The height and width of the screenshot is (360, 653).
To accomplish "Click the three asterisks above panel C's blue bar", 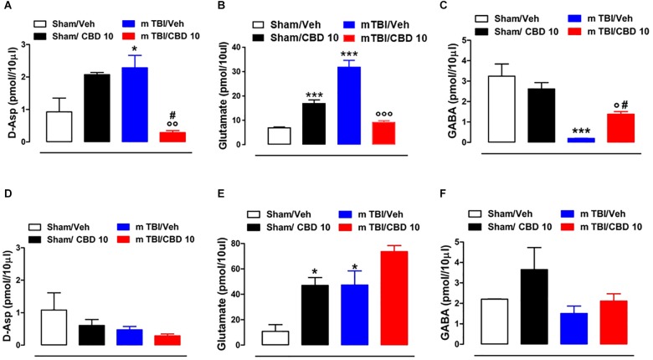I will coord(578,131).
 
